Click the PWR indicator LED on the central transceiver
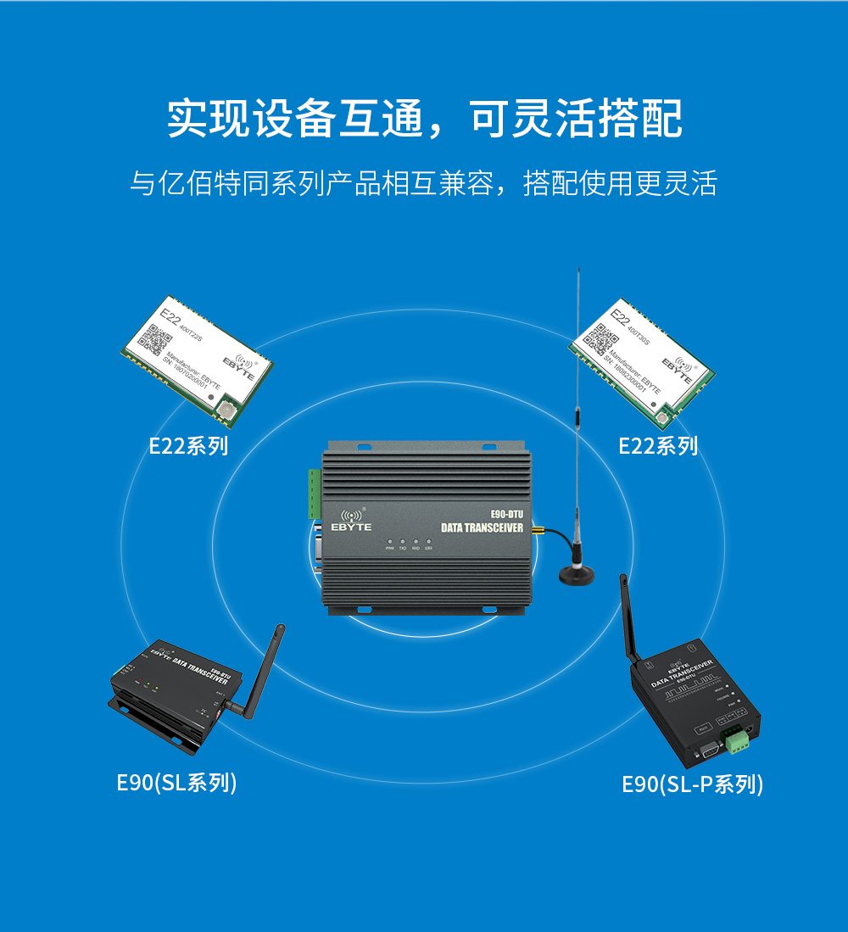pyautogui.click(x=389, y=541)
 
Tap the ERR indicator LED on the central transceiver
pyautogui.click(x=429, y=541)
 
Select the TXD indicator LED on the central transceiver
pyautogui.click(x=403, y=541)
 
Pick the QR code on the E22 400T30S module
pyautogui.click(x=600, y=338)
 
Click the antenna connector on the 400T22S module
pyautogui.click(x=228, y=413)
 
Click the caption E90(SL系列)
pyautogui.click(x=176, y=782)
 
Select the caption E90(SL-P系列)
pyautogui.click(x=692, y=784)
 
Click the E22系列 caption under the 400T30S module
pyautogui.click(x=657, y=445)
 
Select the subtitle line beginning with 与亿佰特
pyautogui.click(x=423, y=183)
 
